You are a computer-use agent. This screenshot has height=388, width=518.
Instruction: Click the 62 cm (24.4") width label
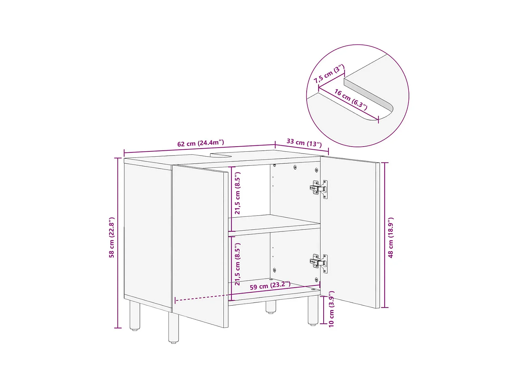point(201,143)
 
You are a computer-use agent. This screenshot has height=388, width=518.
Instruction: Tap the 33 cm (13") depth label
point(304,142)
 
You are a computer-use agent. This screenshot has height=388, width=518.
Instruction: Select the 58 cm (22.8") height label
point(112,238)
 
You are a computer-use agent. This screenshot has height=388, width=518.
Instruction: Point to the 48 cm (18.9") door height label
point(391,238)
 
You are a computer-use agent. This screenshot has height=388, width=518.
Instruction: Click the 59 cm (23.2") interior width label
point(270,286)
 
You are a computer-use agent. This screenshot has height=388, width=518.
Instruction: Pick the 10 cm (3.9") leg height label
point(331,309)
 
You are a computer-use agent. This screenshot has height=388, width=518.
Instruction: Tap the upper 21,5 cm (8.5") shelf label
point(238,193)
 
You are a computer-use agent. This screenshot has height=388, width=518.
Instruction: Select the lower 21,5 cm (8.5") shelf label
point(238,264)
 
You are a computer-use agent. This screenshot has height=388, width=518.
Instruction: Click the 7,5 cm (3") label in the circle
point(329,74)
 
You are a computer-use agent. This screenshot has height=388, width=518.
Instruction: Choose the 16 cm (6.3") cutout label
point(351,99)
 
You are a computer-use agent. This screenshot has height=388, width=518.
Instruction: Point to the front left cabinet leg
point(173,328)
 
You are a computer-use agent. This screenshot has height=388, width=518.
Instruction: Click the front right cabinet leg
point(313,310)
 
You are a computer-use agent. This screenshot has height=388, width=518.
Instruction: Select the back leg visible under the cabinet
point(271,307)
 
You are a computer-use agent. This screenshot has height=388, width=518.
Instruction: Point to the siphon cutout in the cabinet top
point(221,155)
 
